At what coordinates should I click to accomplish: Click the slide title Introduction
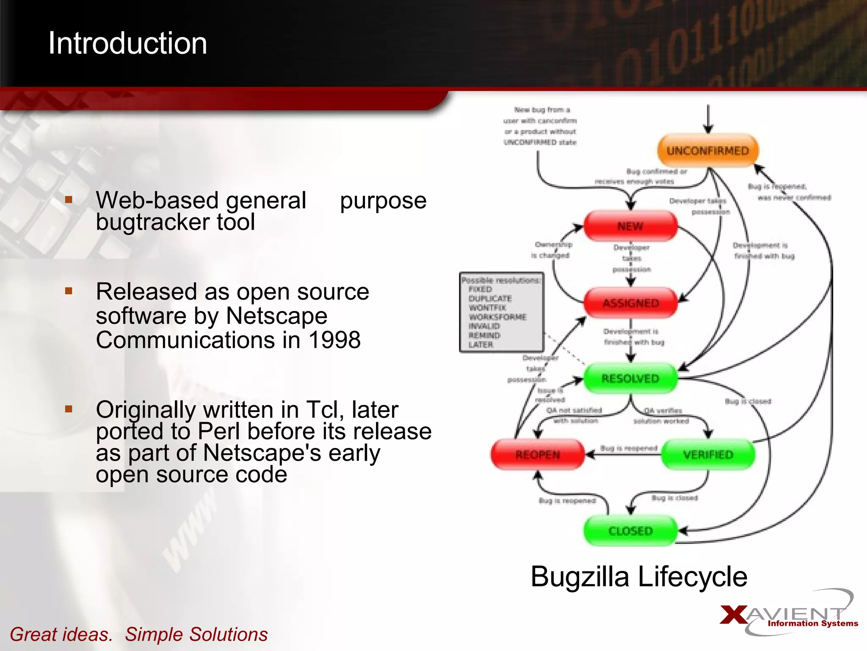coord(127,43)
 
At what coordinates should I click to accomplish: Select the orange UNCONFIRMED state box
coord(708,150)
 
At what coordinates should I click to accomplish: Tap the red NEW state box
coord(630,226)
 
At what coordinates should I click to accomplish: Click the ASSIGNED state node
coord(630,303)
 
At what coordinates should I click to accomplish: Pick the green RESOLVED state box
coord(630,378)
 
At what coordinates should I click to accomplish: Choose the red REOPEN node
coord(538,455)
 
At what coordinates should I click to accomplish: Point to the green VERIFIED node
coord(708,455)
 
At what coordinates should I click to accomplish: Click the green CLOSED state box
coord(630,531)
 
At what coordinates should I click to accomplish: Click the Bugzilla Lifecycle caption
coord(639,576)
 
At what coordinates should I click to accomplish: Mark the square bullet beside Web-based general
coord(69,199)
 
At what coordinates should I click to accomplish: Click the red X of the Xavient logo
coord(734,615)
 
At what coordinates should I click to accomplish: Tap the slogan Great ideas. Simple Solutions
coord(138,634)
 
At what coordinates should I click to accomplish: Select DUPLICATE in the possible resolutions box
coord(490,298)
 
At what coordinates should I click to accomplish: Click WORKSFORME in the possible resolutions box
coord(497,317)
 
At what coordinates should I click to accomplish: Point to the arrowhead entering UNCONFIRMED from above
coord(708,129)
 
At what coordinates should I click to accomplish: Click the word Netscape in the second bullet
coord(276,316)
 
